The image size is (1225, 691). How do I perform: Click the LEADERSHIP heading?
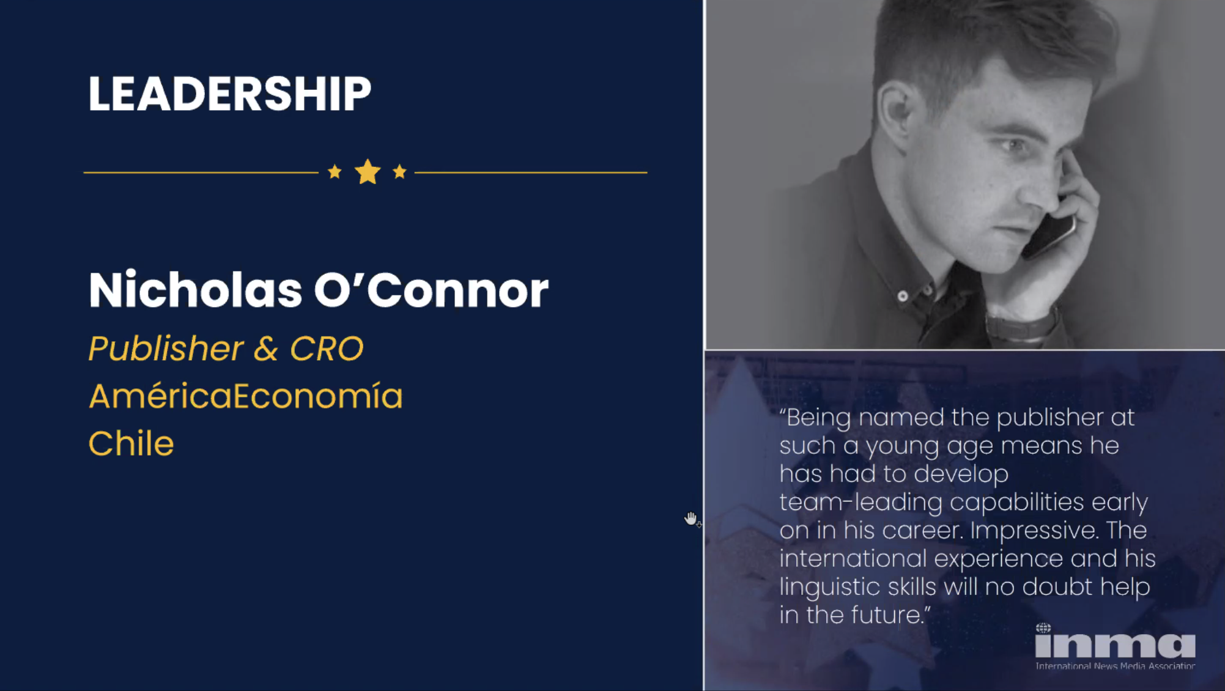pos(229,94)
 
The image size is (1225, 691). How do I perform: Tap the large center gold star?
pos(368,172)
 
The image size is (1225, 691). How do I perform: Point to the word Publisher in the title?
pos(166,348)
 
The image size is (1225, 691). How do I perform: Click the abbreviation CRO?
pos(327,349)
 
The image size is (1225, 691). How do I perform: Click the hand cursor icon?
pos(691,519)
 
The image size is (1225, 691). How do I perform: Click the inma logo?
pos(1115,646)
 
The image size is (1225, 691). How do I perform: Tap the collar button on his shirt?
pos(903,297)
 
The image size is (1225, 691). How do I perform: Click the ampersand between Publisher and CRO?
pos(266,349)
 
